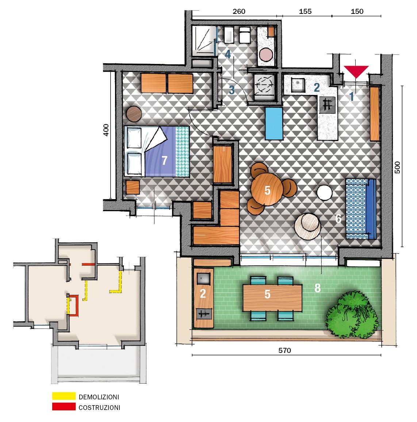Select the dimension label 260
[x=239, y=11]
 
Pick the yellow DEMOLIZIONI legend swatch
[x=64, y=396]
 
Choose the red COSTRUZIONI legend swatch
[x=64, y=407]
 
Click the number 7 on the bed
[x=164, y=160]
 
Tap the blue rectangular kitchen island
[x=274, y=123]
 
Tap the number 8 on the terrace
[x=317, y=288]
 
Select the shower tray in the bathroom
[x=202, y=41]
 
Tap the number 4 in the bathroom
[x=228, y=54]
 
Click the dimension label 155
[x=305, y=11]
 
